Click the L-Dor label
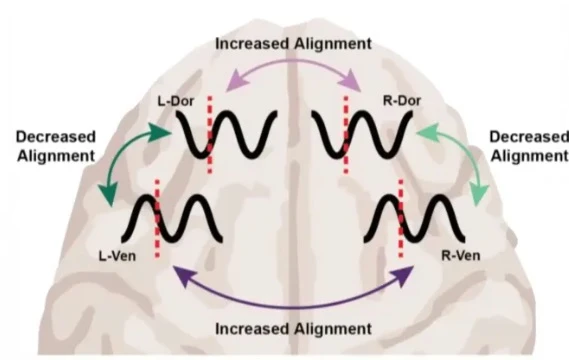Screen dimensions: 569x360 click(x=176, y=101)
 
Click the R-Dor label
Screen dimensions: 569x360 click(x=402, y=101)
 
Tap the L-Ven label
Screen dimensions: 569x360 click(x=117, y=256)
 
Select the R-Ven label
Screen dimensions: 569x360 click(x=461, y=255)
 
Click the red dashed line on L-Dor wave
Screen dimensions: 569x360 click(x=210, y=135)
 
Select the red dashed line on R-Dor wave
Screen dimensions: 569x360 click(x=346, y=135)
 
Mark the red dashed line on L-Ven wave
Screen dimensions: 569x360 click(x=157, y=218)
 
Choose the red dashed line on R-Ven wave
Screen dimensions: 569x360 click(x=401, y=218)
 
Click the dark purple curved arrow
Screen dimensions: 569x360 click(x=293, y=307)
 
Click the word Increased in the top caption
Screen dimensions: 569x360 click(x=252, y=44)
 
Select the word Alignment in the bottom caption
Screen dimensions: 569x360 click(x=333, y=329)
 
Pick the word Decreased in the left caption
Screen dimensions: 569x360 click(x=56, y=137)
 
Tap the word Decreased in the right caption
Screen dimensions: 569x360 click(x=529, y=137)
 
